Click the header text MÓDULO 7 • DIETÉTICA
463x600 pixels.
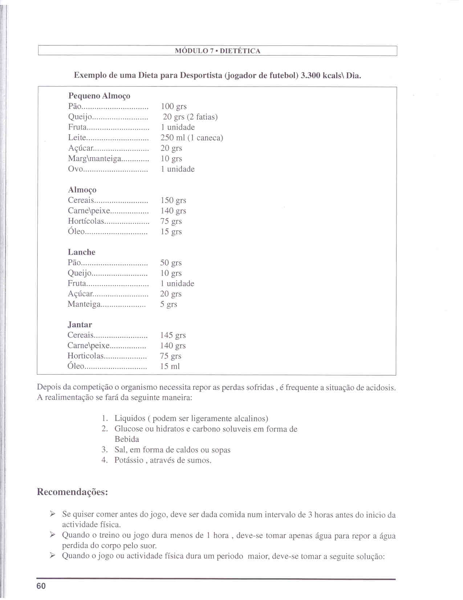pos(218,51)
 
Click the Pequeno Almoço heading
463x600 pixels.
pos(99,96)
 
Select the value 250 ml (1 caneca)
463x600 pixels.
pos(192,138)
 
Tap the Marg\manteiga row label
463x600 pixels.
pos(95,159)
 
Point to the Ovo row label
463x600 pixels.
pos(76,169)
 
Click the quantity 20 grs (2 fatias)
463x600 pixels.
pos(190,117)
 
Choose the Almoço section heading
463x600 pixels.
pos(82,190)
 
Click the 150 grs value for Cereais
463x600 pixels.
pos(173,200)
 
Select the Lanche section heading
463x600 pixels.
pos(81,252)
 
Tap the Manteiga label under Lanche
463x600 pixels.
pos(84,304)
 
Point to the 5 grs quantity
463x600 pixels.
pos(168,304)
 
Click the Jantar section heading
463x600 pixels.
pos(80,325)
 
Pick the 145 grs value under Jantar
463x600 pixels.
pos(173,335)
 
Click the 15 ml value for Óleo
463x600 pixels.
pos(170,367)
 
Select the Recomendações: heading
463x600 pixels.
pos(72,492)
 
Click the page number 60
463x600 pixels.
pos(41,586)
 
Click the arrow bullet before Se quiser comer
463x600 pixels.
pos(53,514)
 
